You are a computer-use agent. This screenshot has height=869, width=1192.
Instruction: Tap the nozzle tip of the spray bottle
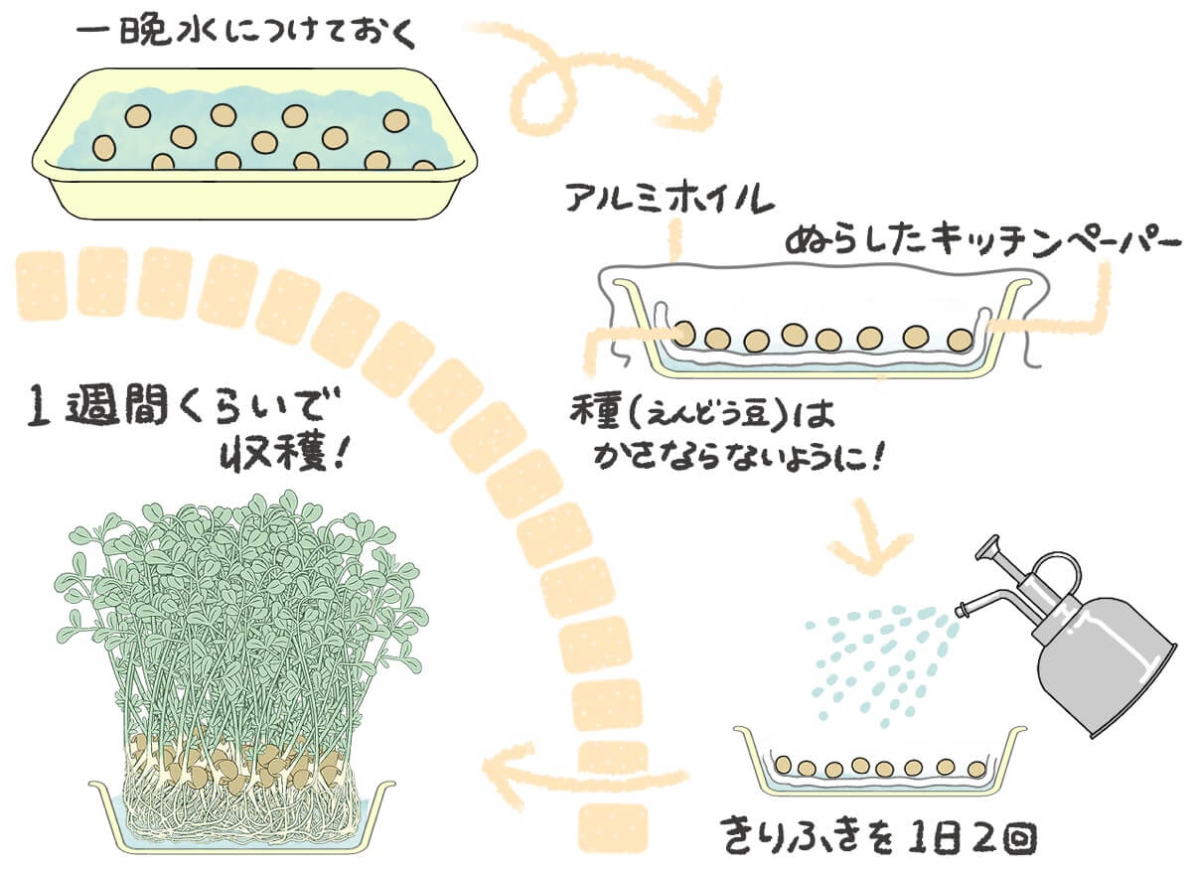[x=961, y=608]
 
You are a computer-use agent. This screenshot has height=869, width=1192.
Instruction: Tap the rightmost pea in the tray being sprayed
[x=977, y=767]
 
